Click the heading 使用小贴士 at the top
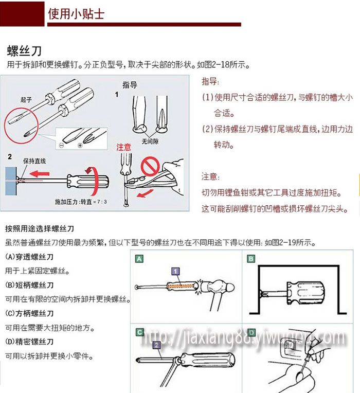[76, 13]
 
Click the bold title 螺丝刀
[24, 51]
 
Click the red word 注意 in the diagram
[124, 147]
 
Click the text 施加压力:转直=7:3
[81, 202]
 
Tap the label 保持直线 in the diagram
[34, 160]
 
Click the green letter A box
[139, 259]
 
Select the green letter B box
[251, 259]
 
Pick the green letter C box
[139, 332]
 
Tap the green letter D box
[251, 332]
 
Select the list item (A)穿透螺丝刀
[29, 257]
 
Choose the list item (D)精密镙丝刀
[29, 342]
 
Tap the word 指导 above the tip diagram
[129, 85]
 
